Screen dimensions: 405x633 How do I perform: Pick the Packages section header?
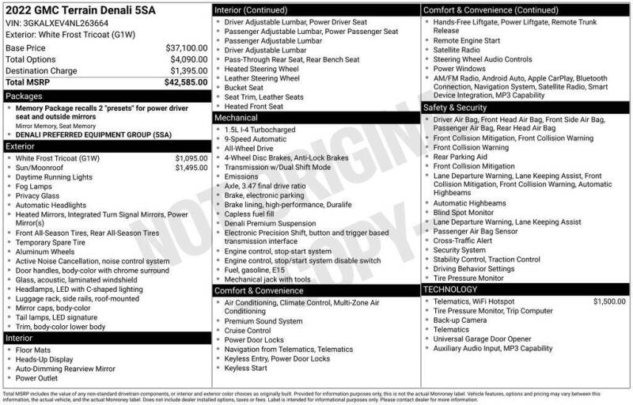(25, 95)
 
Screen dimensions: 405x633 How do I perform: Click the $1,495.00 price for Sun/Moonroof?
(191, 168)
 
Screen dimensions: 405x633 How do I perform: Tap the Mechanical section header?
(237, 118)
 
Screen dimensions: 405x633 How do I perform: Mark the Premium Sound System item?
(263, 321)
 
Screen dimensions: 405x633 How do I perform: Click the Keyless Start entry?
(246, 368)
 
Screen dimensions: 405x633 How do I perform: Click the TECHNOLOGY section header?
(450, 290)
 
